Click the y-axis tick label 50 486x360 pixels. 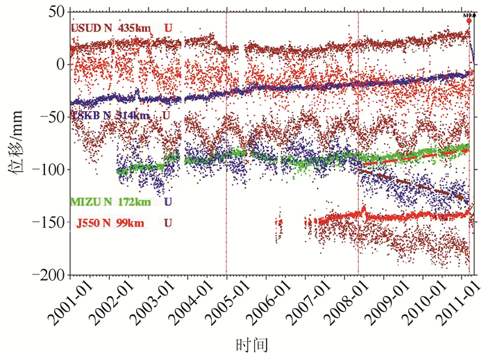[x=55, y=13]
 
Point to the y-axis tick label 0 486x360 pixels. [x=60, y=65]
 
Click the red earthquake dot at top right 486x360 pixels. [x=469, y=21]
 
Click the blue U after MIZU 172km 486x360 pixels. [x=169, y=202]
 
